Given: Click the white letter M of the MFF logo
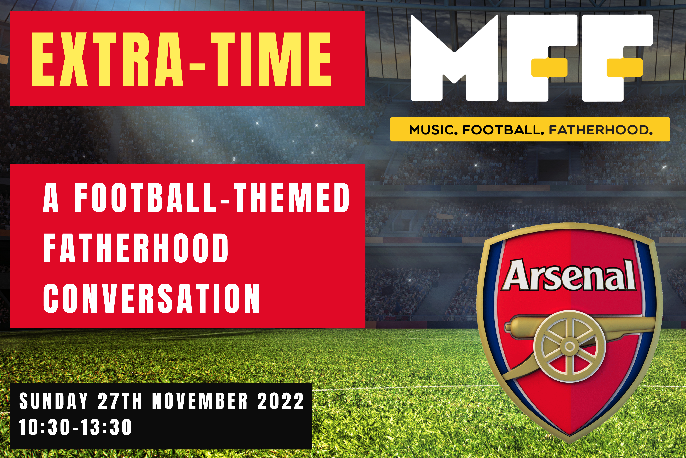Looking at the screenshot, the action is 454,58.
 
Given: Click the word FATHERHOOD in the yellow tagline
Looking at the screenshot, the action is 601,130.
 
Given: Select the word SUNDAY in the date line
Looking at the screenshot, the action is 53,401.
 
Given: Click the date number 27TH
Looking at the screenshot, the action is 120,401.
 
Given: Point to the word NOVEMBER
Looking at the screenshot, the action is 200,401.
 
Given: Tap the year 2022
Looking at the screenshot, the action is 281,401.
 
